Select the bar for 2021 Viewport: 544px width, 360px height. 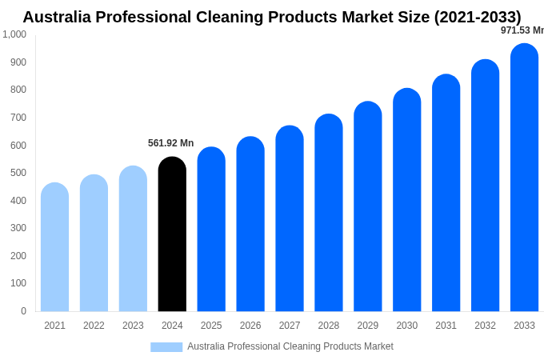pyautogui.click(x=54, y=247)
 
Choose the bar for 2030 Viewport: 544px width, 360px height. pyautogui.click(x=406, y=200)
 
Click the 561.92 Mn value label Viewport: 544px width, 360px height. pyautogui.click(x=170, y=143)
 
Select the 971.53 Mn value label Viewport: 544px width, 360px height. pyautogui.click(x=522, y=30)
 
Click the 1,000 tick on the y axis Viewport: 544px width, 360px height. pyautogui.click(x=14, y=34)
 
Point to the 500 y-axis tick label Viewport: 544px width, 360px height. pyautogui.click(x=18, y=173)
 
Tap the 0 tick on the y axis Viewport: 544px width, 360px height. pyautogui.click(x=23, y=311)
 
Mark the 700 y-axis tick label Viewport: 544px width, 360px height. pyautogui.click(x=18, y=118)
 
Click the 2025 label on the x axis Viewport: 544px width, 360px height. pyautogui.click(x=211, y=326)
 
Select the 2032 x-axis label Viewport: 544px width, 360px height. pyautogui.click(x=485, y=326)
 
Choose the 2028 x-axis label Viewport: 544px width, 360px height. pyautogui.click(x=329, y=326)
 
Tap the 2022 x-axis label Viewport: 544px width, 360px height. pyautogui.click(x=94, y=326)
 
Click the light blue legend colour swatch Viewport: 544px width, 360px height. pyautogui.click(x=166, y=347)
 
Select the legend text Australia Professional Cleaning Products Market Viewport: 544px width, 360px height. pyautogui.click(x=290, y=346)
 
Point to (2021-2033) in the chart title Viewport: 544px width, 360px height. pyautogui.click(x=478, y=17)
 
